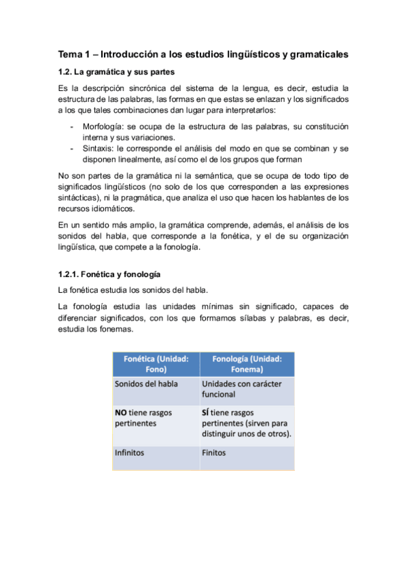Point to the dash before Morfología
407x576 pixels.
pos(72,126)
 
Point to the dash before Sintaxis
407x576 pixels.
pos(72,148)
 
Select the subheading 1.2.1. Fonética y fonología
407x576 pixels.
pos(109,274)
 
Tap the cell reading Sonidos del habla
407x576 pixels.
pos(146,384)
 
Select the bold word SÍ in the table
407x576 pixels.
pos(207,412)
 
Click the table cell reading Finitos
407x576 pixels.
pos(214,452)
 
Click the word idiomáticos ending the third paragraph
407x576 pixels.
pos(111,209)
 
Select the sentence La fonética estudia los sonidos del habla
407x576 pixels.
pos(132,290)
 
